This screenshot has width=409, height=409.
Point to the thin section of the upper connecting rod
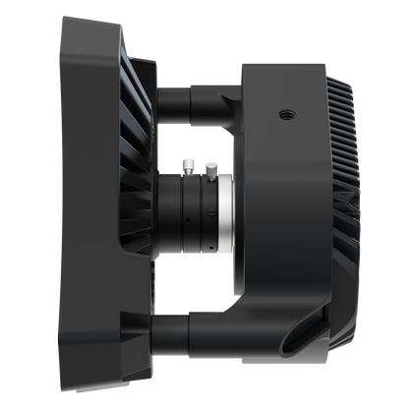click(x=171, y=98)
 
